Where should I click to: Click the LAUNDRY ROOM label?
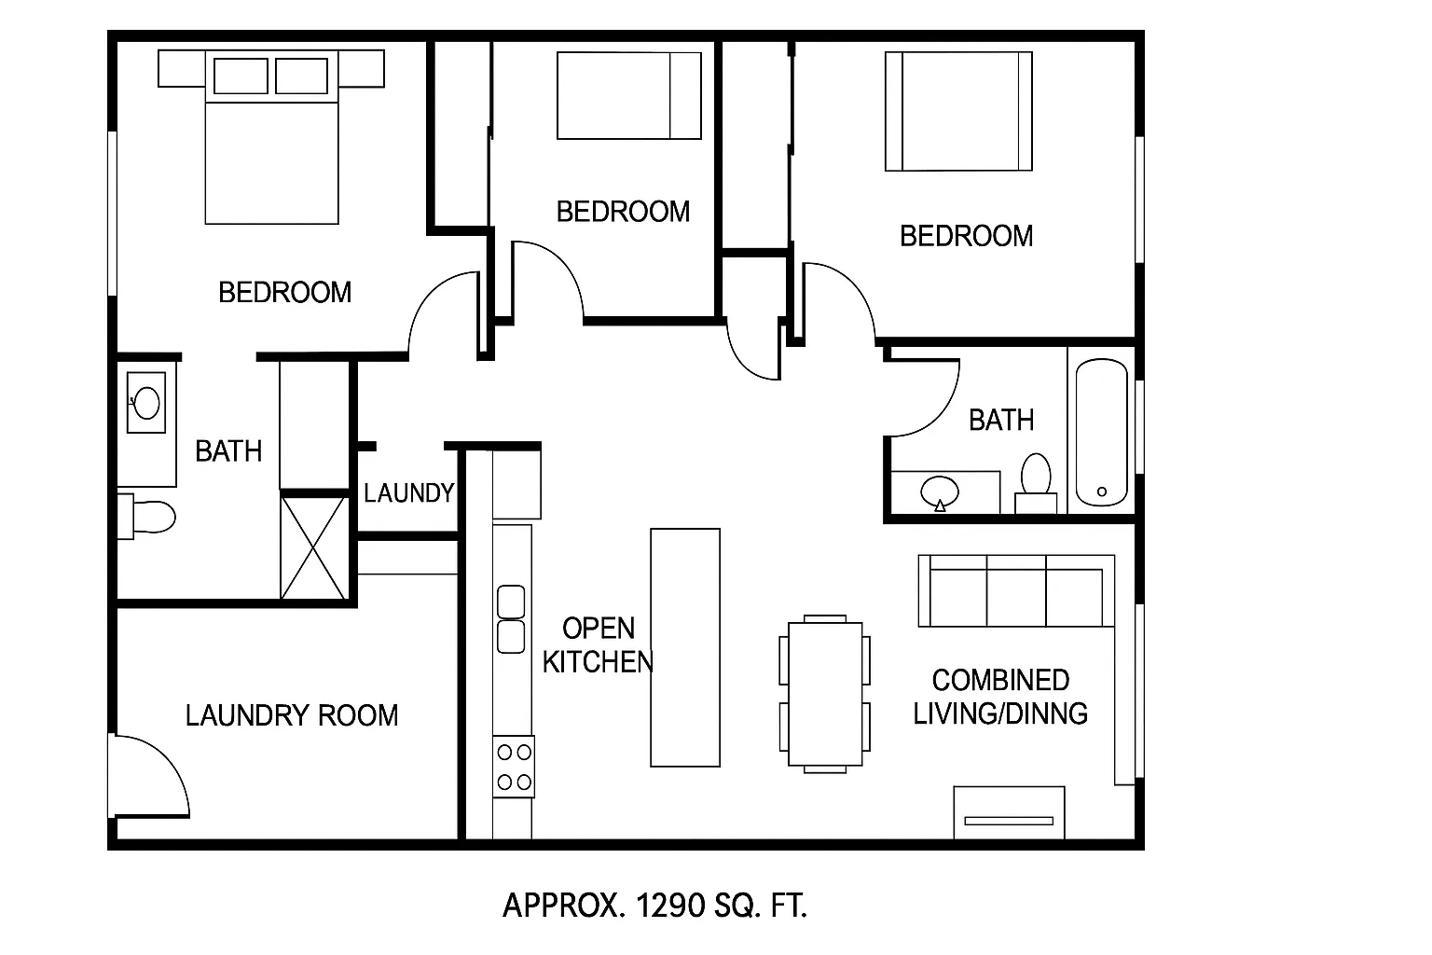pyautogui.click(x=292, y=715)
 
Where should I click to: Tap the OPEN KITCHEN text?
pyautogui.click(x=598, y=644)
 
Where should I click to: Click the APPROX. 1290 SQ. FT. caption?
pyautogui.click(x=655, y=906)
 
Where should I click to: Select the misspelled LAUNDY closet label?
pyautogui.click(x=408, y=493)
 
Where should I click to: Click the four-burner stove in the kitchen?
pyautogui.click(x=514, y=767)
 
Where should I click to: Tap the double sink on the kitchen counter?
pyautogui.click(x=511, y=619)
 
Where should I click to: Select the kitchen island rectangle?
pyautogui.click(x=685, y=647)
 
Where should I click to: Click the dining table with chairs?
pyautogui.click(x=825, y=694)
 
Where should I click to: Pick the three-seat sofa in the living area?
pyautogui.click(x=1016, y=591)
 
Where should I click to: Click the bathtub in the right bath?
pyautogui.click(x=1101, y=433)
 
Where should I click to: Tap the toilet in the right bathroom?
pyautogui.click(x=1036, y=484)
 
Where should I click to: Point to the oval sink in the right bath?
pyautogui.click(x=940, y=492)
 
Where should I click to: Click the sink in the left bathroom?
pyautogui.click(x=146, y=403)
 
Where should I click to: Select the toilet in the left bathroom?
pyautogui.click(x=146, y=516)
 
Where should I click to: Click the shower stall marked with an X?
pyautogui.click(x=314, y=548)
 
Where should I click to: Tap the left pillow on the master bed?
pyautogui.click(x=241, y=76)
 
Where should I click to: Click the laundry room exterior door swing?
pyautogui.click(x=150, y=776)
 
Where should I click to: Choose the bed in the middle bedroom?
pyautogui.click(x=629, y=95)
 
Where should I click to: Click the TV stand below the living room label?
pyautogui.click(x=1010, y=812)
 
